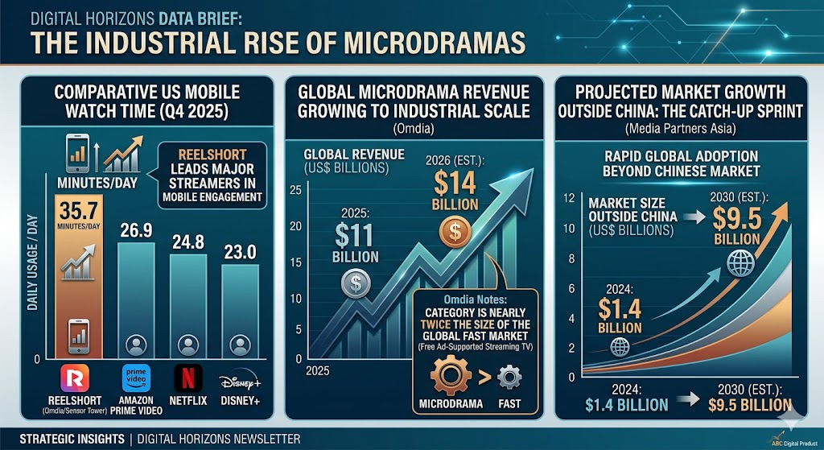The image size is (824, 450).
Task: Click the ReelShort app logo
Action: pos(75,378)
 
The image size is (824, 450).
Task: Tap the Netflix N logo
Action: pos(188,378)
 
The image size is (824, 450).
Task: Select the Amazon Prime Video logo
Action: pos(136,378)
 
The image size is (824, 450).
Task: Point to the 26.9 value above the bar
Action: pos(136,230)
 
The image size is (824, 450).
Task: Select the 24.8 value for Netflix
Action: pos(188,242)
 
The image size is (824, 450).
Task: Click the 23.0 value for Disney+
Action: pos(240,252)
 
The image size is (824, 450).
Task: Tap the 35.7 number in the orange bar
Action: pos(79,211)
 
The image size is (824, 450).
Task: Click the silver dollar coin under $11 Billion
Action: pos(356,283)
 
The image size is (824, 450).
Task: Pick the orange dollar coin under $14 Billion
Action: pos(455,232)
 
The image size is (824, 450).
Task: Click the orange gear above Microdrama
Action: pos(451,376)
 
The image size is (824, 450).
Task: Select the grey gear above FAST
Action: pos(509,378)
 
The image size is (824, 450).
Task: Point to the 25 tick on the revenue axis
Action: pos(295,190)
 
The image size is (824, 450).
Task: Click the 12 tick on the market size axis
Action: pos(569,198)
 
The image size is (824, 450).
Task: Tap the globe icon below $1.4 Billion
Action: pos(620,347)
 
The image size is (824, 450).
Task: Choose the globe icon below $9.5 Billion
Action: pos(740,263)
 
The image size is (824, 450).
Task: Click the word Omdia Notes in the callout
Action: pos(475,299)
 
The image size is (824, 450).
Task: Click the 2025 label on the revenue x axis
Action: pos(317,370)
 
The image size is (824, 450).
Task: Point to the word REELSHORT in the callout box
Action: pos(212,155)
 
